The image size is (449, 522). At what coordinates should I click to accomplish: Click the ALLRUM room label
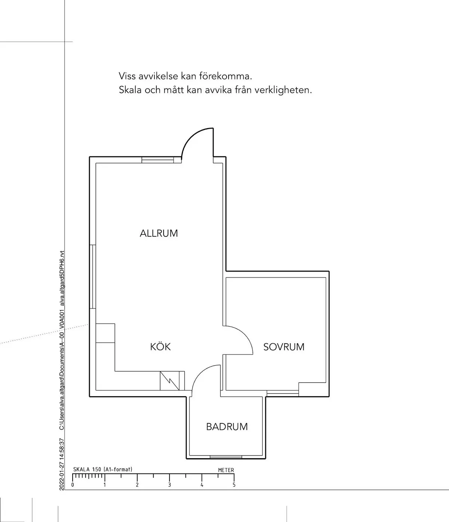159,233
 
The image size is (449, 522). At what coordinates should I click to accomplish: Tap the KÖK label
160,347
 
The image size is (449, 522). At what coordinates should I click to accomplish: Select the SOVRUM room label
284,347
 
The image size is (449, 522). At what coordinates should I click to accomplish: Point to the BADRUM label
227,426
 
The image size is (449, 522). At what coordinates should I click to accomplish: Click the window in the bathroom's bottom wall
226,456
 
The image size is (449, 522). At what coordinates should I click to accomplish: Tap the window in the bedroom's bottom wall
282,394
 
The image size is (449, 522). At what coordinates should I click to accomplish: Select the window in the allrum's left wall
93,277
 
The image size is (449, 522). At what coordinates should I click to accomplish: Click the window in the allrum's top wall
158,160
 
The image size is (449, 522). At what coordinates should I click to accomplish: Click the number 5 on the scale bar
234,485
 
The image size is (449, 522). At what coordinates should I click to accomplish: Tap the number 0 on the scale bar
73,485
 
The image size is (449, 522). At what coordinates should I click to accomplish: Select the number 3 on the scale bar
169,485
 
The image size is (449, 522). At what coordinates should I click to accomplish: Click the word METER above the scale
226,470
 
